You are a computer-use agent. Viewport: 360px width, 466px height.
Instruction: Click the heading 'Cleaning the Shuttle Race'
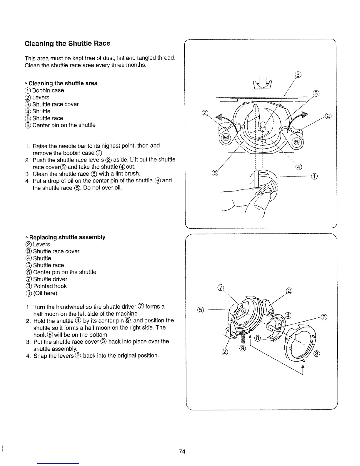point(67,44)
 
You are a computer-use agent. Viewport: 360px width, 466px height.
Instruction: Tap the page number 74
point(182,452)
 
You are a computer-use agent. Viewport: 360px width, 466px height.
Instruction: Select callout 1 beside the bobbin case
point(314,177)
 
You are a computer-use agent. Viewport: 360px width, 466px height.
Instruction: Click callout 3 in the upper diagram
point(316,94)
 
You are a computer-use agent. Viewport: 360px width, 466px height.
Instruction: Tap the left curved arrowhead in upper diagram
point(218,118)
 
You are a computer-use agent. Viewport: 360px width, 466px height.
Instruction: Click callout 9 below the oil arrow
point(242,349)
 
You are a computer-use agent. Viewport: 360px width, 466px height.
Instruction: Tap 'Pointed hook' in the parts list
point(50,286)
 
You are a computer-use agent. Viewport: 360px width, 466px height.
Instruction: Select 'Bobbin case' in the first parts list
point(48,90)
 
